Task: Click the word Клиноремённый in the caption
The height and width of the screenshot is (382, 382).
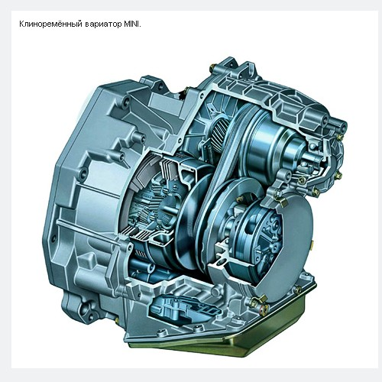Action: (x=50, y=24)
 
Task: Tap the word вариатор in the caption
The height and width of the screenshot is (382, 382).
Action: (x=103, y=24)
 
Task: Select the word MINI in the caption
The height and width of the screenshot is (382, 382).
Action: (x=131, y=24)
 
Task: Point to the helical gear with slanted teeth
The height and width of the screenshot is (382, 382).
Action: (x=221, y=131)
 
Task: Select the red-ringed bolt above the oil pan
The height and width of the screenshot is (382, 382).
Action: (x=262, y=309)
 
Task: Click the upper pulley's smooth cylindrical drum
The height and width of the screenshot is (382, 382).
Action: (x=270, y=144)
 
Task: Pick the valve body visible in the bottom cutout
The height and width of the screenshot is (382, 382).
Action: (x=186, y=306)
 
